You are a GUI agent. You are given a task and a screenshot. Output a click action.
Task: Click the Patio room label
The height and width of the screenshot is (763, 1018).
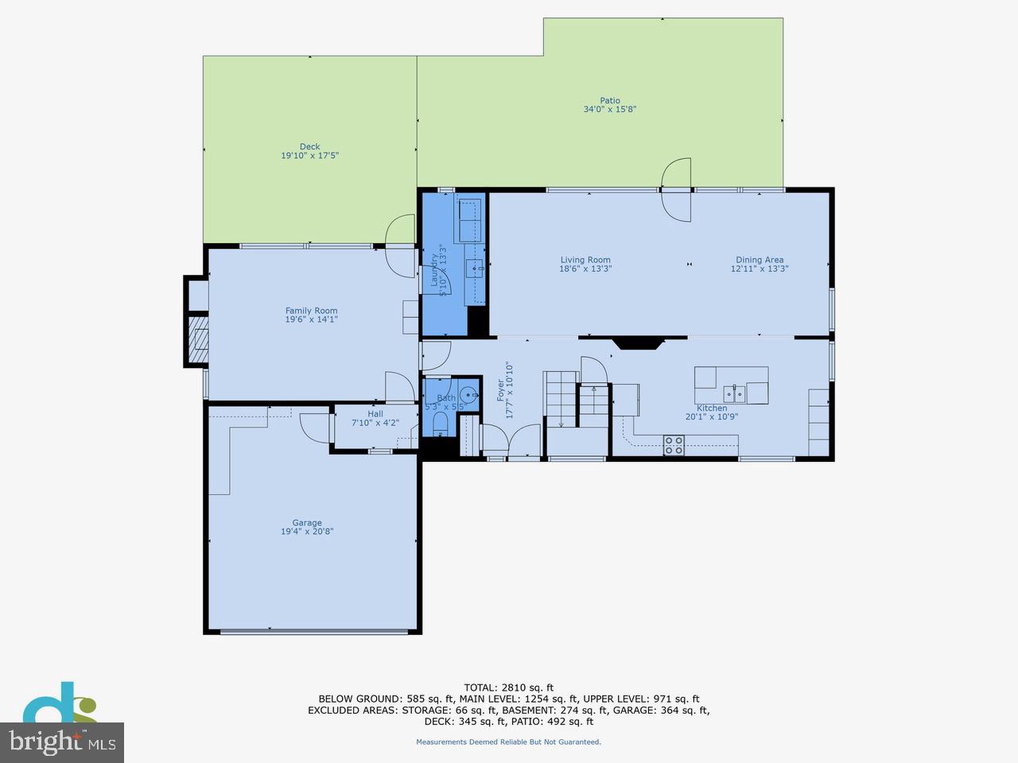tap(609, 100)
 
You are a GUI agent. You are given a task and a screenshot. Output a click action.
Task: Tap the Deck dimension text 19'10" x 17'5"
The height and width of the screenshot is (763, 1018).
tap(309, 156)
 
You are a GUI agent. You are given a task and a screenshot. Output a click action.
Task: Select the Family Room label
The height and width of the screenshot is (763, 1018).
tap(311, 311)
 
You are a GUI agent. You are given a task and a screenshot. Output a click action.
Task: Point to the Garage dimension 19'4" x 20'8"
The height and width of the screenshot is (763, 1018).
tap(306, 532)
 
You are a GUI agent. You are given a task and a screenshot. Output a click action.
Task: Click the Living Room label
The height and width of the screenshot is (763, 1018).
tap(585, 260)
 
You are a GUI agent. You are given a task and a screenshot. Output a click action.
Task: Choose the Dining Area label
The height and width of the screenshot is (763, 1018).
tap(759, 260)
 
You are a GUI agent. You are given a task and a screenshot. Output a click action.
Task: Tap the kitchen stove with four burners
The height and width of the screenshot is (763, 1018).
tap(674, 446)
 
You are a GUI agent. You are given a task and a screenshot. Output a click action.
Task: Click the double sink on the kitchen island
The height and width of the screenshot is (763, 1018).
tap(733, 393)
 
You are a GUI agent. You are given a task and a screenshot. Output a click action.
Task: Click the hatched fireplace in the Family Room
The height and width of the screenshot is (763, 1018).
tap(197, 339)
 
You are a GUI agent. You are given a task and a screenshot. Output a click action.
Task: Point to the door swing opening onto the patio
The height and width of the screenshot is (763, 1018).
tap(676, 191)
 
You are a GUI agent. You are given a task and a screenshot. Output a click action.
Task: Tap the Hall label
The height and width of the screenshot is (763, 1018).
tap(375, 414)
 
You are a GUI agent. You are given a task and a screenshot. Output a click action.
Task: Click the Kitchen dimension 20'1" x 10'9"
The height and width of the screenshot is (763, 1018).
tap(711, 416)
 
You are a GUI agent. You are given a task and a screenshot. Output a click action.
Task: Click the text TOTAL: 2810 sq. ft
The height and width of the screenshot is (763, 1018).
tap(508, 687)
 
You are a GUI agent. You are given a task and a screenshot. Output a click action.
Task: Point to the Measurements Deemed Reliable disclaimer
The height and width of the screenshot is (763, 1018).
tap(508, 742)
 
